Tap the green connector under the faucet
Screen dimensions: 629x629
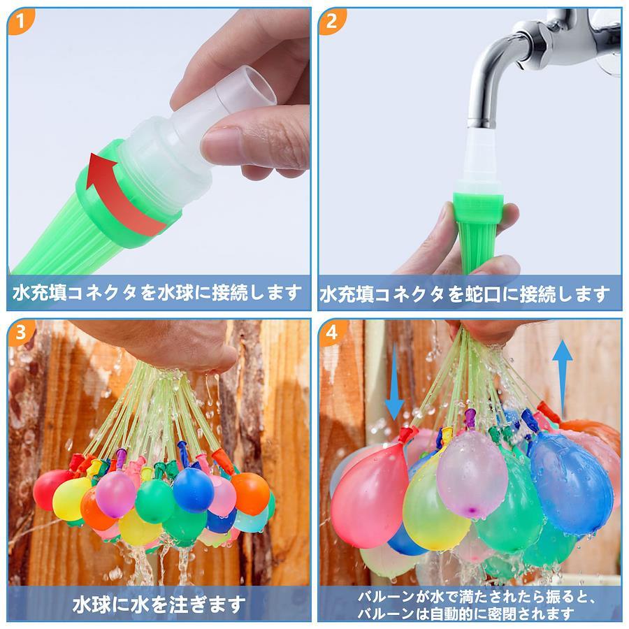477,233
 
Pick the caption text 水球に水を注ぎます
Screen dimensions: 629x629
159,604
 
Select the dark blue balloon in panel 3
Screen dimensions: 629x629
193,490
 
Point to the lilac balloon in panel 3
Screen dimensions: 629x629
115,494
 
